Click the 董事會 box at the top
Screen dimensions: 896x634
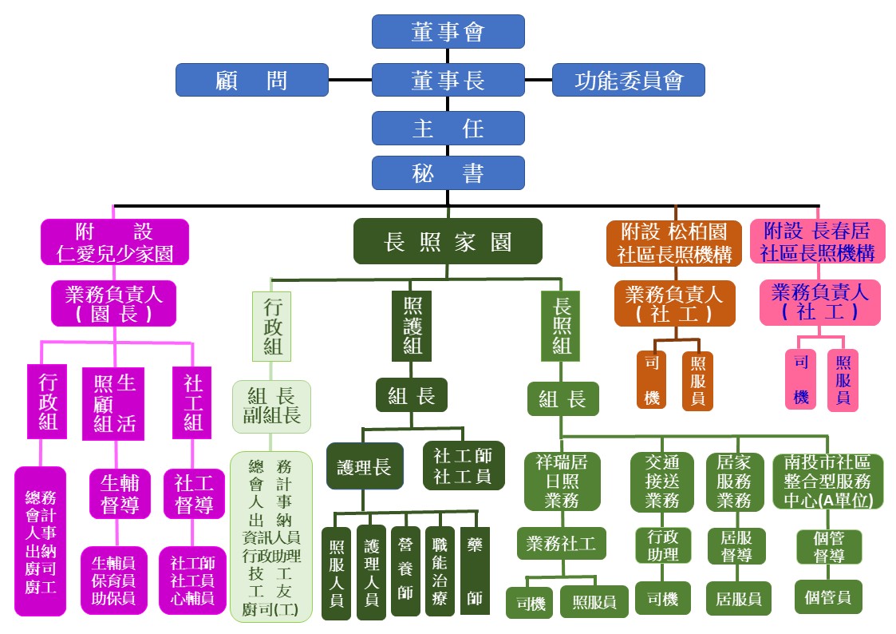448,31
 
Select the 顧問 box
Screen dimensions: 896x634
252,80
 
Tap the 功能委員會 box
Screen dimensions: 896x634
629,80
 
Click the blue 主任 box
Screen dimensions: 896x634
448,128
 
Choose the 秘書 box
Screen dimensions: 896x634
448,172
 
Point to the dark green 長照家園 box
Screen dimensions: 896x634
448,241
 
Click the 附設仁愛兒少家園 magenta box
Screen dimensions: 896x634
115,242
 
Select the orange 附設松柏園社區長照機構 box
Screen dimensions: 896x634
674,243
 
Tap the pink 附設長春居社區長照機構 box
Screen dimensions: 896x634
817,241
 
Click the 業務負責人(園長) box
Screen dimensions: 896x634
114,303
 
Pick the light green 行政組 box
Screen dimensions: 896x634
272,327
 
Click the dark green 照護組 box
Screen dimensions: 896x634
412,327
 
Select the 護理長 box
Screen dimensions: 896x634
365,466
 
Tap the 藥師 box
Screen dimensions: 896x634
475,571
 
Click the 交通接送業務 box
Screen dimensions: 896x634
662,482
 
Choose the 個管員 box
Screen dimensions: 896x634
828,597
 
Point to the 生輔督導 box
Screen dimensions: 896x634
120,494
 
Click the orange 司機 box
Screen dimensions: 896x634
652,379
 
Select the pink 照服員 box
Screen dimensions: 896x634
843,380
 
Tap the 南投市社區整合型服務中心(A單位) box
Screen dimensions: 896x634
828,481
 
